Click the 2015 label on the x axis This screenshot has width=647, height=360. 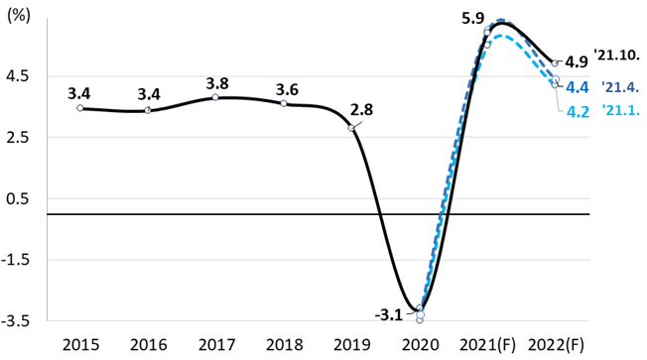79,344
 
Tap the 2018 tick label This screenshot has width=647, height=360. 284,344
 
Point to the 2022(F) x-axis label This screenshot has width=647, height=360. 556,344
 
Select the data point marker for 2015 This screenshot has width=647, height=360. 79,107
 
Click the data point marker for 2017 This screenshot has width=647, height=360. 215,97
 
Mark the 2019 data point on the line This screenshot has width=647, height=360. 351,128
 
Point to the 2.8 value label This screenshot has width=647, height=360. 361,110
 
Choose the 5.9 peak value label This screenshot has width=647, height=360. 472,17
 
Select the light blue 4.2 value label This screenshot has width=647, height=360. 578,111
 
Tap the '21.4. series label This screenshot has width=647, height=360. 619,86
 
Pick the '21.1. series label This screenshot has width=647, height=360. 619,110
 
